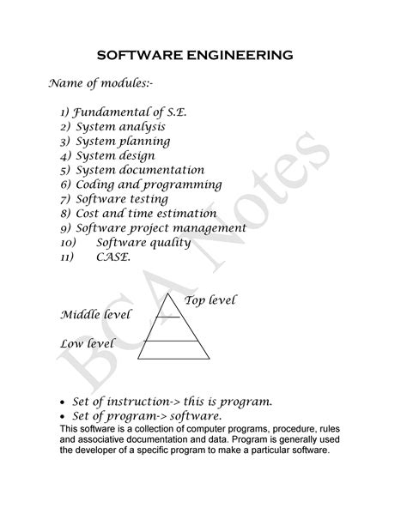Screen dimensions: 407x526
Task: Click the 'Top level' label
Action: click(210, 300)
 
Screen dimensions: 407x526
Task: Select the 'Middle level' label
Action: click(95, 315)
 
